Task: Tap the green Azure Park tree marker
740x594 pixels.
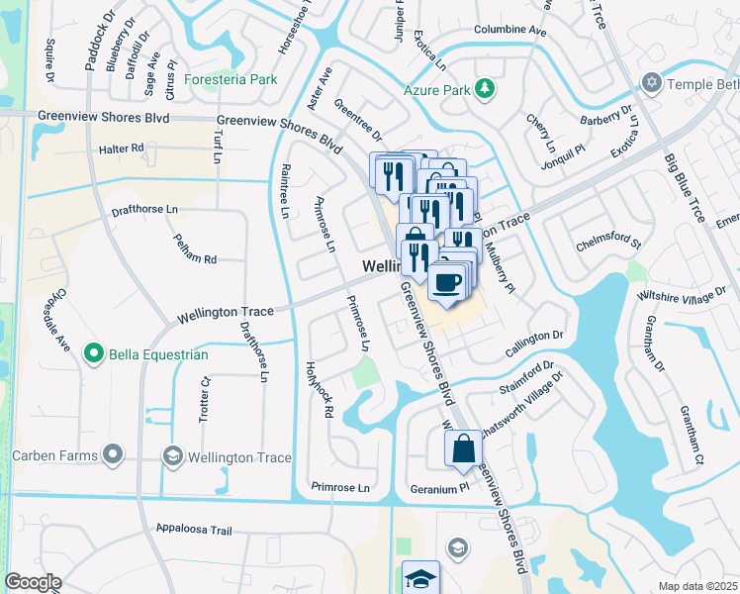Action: coord(484,90)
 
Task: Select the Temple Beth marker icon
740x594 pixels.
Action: coord(651,83)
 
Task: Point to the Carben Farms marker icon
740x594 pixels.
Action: coord(113,455)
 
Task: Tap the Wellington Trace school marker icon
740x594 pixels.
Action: coord(173,456)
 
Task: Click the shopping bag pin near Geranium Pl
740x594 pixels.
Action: coord(463,449)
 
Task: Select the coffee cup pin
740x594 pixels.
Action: coord(447,282)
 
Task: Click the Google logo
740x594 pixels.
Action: coord(34,582)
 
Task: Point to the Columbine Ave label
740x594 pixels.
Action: coord(510,31)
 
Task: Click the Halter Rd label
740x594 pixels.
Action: coord(122,148)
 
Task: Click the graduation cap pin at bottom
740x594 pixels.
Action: coord(420,577)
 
